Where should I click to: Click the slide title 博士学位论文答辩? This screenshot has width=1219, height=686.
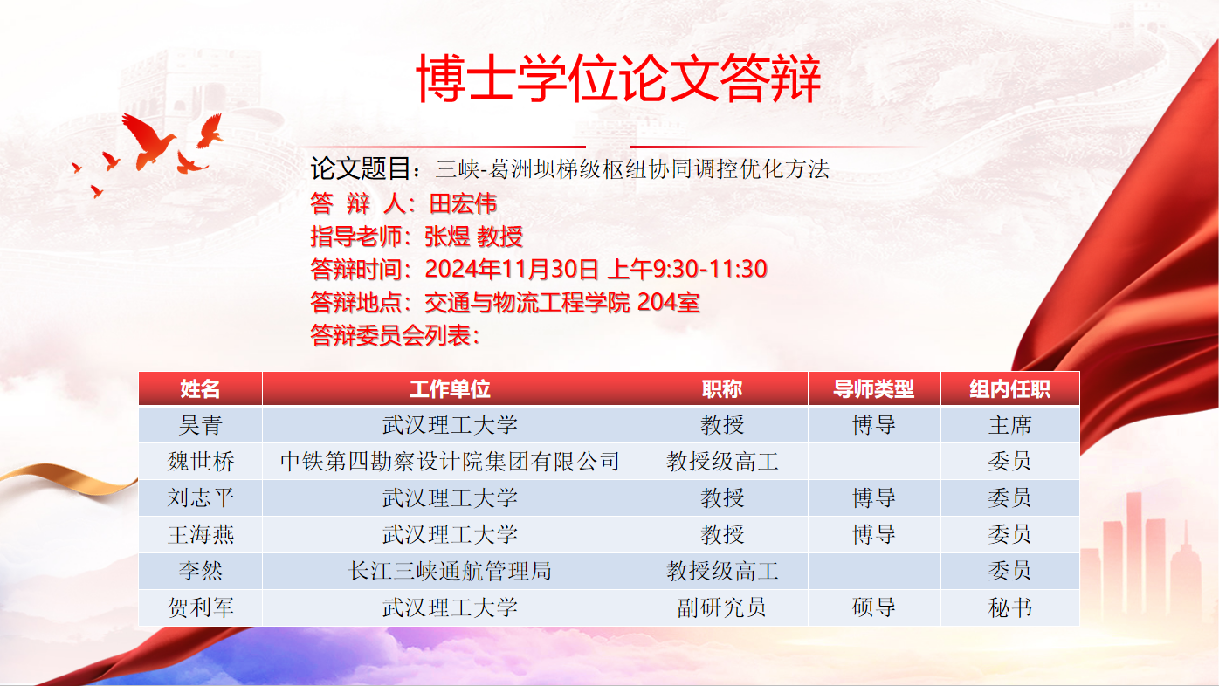coord(618,79)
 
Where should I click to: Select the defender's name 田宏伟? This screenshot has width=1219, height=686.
coord(463,204)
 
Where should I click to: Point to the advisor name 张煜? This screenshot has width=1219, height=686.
coord(447,237)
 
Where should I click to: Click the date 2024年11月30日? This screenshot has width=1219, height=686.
coord(512,270)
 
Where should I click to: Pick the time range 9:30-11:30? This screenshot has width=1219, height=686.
coord(710,270)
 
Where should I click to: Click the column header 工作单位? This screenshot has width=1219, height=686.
coord(450,389)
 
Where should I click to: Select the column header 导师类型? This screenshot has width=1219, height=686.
coord(874,389)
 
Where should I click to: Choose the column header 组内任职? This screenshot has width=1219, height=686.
coord(1010,389)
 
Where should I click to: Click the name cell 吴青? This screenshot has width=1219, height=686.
coord(200,425)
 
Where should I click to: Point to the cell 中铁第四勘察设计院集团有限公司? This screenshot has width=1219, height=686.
coord(450,462)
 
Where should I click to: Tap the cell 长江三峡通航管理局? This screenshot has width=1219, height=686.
coord(450,571)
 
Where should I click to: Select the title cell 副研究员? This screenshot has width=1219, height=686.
coord(722,607)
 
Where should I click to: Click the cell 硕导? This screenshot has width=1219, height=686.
coord(874,607)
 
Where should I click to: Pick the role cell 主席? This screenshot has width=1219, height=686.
coord(1010,425)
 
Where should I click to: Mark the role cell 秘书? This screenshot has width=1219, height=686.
coord(1010,607)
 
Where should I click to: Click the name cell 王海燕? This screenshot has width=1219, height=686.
coord(200,535)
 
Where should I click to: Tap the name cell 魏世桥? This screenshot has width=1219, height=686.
coord(200,462)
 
